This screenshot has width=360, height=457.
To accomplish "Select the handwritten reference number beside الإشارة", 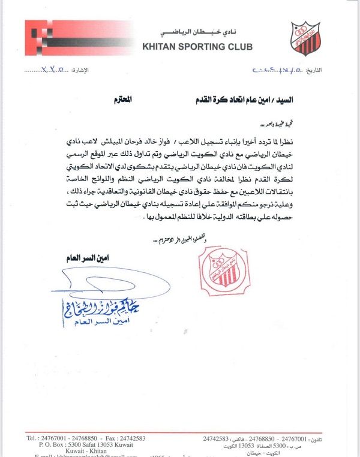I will tap(53, 70).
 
